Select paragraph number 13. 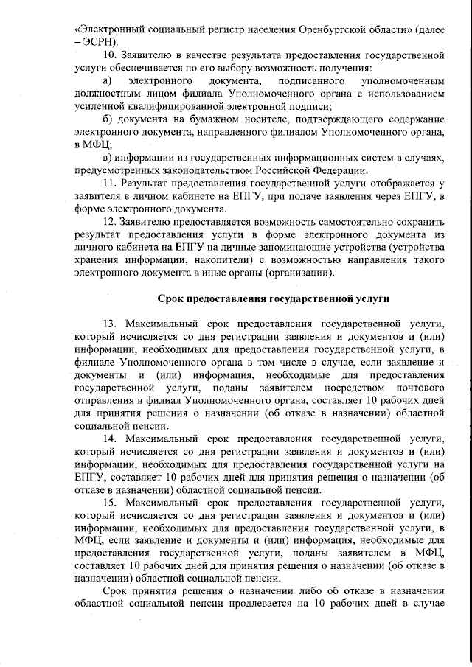pyautogui.click(x=111, y=324)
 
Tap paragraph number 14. pyautogui.click(x=111, y=440)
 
